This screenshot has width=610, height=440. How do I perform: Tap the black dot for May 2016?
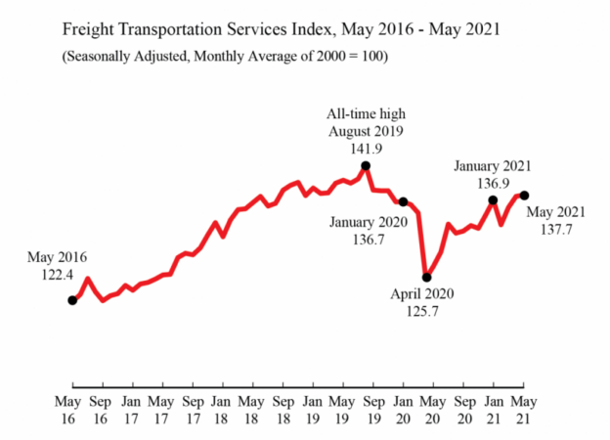[72, 300]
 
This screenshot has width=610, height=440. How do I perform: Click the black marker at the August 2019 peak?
[365, 166]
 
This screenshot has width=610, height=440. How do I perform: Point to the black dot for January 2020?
[403, 201]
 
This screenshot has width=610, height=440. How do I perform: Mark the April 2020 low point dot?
[426, 277]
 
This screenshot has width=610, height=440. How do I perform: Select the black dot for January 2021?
[493, 200]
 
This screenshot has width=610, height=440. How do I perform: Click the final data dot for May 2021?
[524, 196]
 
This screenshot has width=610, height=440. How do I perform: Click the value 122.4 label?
[58, 276]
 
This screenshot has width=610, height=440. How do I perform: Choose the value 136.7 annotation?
[363, 239]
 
